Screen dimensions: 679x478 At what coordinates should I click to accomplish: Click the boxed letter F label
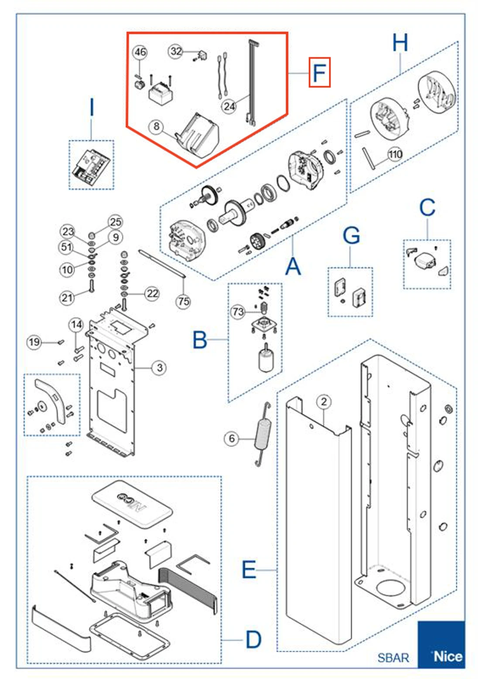click(319, 72)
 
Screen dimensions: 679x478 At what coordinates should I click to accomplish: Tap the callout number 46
click(140, 52)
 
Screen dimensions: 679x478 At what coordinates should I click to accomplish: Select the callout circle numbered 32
click(176, 51)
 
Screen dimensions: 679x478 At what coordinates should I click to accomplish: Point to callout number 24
click(229, 106)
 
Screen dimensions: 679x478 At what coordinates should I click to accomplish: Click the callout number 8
click(156, 127)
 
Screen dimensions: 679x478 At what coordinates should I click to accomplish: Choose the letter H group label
click(400, 43)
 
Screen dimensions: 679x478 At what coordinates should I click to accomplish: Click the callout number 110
click(395, 154)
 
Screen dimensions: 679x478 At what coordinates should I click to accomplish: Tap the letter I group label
click(92, 107)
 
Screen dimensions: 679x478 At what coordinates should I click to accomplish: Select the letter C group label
click(427, 207)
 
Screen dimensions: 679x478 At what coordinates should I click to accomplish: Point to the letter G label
click(351, 236)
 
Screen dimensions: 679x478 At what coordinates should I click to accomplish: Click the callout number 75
click(184, 301)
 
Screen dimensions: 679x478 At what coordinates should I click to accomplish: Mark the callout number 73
click(238, 312)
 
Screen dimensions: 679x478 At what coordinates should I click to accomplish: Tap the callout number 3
click(160, 368)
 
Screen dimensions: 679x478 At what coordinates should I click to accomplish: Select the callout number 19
click(34, 342)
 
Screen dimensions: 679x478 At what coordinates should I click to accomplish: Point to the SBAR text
click(393, 658)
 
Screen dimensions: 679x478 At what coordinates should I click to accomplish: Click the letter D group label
click(253, 640)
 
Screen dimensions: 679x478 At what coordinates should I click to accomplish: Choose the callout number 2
click(324, 402)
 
